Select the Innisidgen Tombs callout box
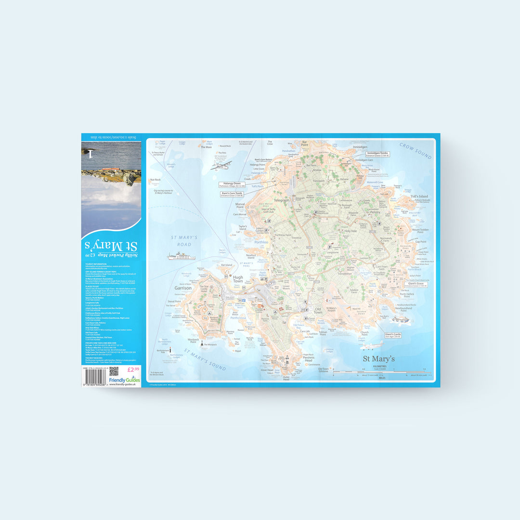pyautogui.click(x=377, y=154)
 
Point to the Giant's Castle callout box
pyautogui.click(x=393, y=335)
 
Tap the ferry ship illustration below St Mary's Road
pyautogui.click(x=182, y=256)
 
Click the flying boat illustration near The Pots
pyautogui.click(x=221, y=166)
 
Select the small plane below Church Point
pyautogui.click(x=372, y=345)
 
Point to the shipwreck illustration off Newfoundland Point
pyautogui.click(x=401, y=319)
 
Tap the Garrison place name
pyautogui.click(x=183, y=288)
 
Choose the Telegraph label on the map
pyautogui.click(x=282, y=200)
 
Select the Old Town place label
pyautogui.click(x=318, y=311)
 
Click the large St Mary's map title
pyautogui.click(x=379, y=359)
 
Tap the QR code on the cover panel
pyautogui.click(x=114, y=371)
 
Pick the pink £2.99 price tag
pyautogui.click(x=133, y=370)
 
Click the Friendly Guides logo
pyautogui.click(x=125, y=380)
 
